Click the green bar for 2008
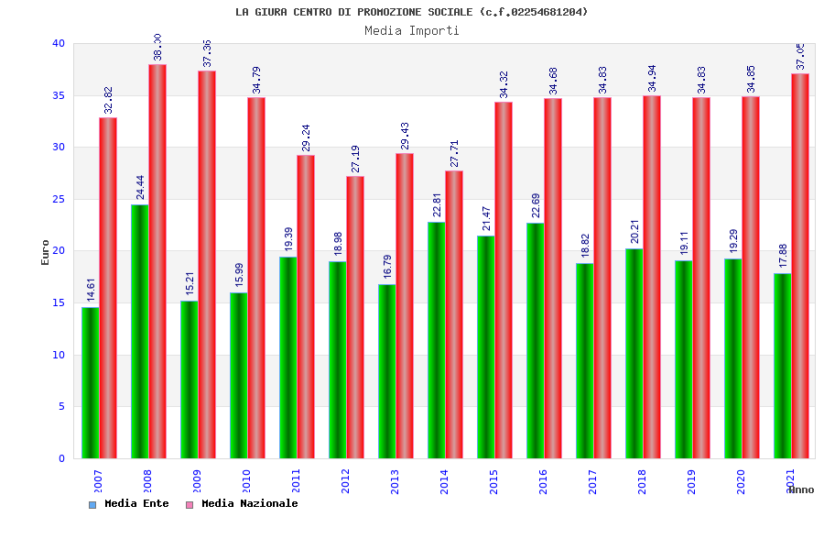[x=139, y=331]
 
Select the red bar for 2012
[x=354, y=317]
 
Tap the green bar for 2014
[x=436, y=340]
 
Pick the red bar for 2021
[x=799, y=266]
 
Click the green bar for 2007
[x=90, y=382]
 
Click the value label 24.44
[x=140, y=187]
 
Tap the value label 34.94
[x=652, y=79]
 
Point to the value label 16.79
[x=387, y=267]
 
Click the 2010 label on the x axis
[x=246, y=480]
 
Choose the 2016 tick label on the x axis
[x=543, y=480]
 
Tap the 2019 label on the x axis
[x=691, y=480]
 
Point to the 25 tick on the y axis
[x=58, y=199]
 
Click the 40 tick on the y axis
[x=58, y=43]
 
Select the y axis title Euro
[x=46, y=252]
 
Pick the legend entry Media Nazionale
[x=249, y=503]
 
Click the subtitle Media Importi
[x=412, y=30]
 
